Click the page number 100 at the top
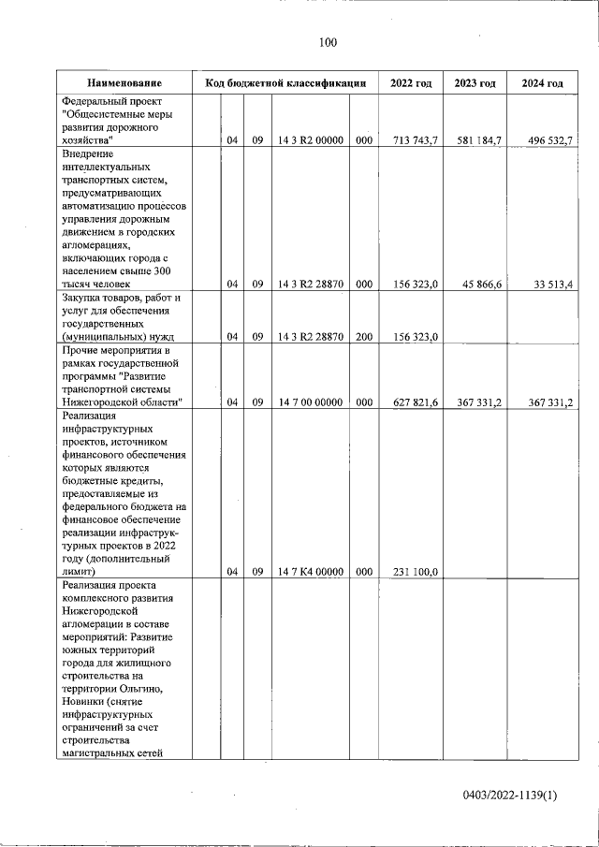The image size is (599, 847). pyautogui.click(x=327, y=42)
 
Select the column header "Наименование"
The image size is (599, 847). pyautogui.click(x=125, y=83)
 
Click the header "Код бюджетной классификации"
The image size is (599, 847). pyautogui.click(x=285, y=83)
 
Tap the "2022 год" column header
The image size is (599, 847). pyautogui.click(x=410, y=83)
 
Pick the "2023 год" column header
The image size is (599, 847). pyautogui.click(x=475, y=83)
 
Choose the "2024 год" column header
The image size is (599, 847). pyautogui.click(x=542, y=83)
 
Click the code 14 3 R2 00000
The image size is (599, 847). pyautogui.click(x=312, y=140)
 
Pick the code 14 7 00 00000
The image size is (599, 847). pyautogui.click(x=312, y=402)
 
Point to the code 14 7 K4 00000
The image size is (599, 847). pyautogui.click(x=312, y=571)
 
